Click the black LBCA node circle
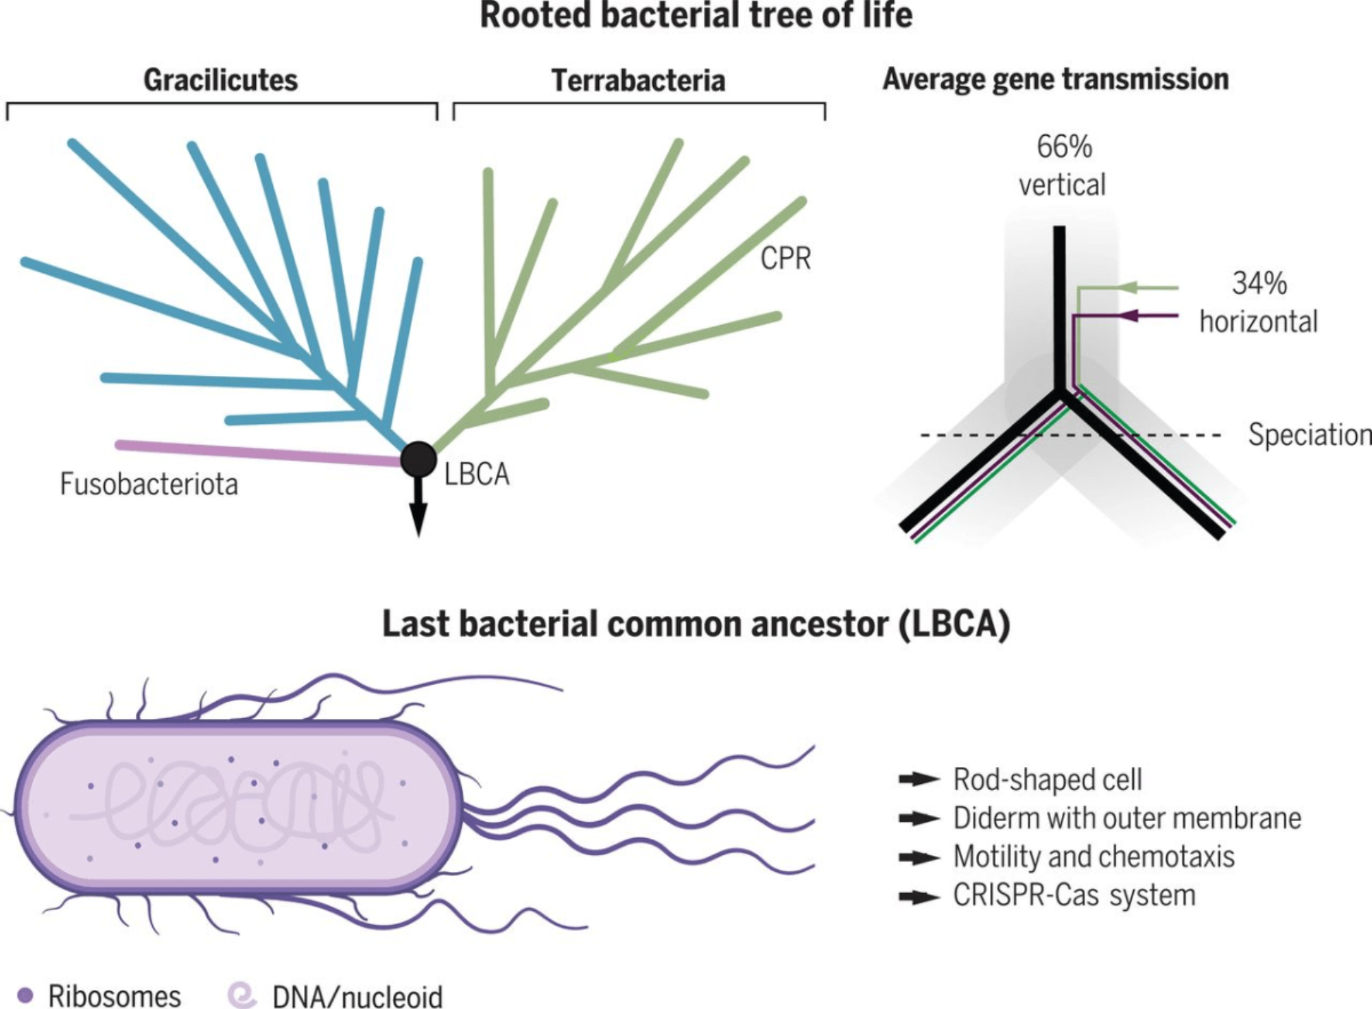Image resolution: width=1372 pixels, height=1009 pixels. (418, 459)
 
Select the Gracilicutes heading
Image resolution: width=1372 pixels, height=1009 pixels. (220, 80)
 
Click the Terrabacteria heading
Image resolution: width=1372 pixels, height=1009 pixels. (638, 81)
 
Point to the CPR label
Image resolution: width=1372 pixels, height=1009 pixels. (785, 259)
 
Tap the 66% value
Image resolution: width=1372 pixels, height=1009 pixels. (1064, 147)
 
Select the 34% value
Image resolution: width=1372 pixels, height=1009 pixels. (1259, 283)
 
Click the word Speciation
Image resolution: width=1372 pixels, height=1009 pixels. (1309, 435)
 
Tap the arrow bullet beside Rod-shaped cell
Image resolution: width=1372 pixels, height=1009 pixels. (919, 779)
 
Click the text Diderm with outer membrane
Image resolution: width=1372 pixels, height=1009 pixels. (1127, 818)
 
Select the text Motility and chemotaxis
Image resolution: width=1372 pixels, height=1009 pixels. (1093, 857)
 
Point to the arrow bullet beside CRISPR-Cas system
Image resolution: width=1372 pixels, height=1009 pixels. (919, 897)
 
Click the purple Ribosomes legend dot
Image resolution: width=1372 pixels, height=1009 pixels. (25, 995)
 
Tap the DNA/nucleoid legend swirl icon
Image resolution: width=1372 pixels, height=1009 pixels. (242, 995)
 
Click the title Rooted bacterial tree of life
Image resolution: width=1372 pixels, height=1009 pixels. (696, 15)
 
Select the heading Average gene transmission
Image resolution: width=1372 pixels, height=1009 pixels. (1055, 80)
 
